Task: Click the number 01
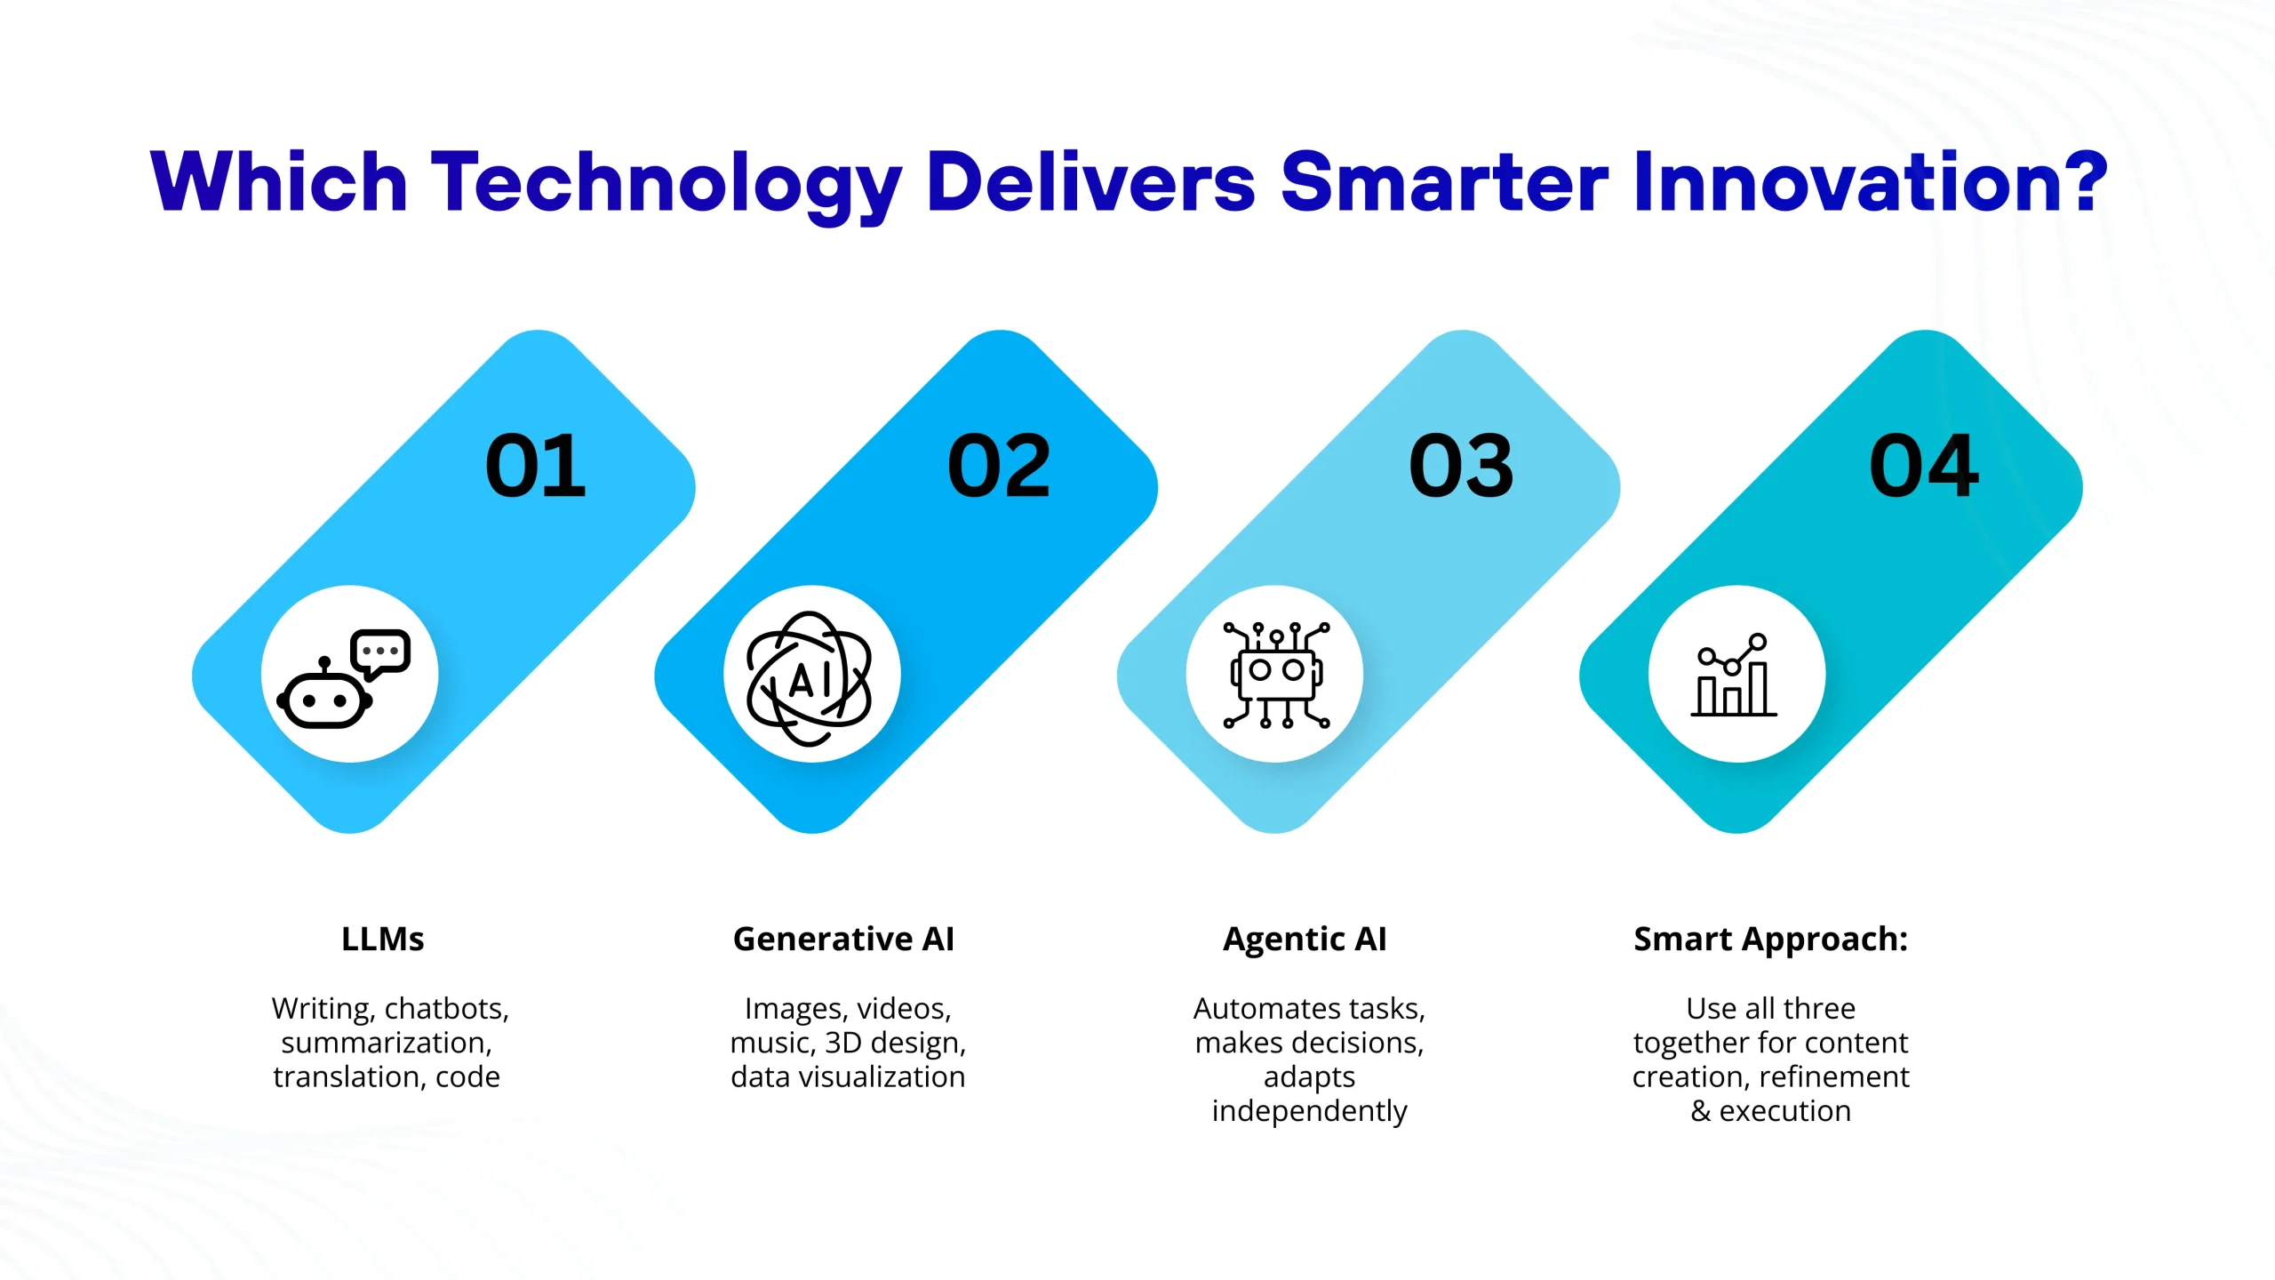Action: [536, 466]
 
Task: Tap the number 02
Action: [999, 466]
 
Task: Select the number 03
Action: [1461, 466]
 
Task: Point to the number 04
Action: [1924, 466]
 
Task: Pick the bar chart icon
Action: [1734, 676]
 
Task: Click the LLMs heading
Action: [383, 939]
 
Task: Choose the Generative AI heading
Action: [843, 939]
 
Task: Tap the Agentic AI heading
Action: [1305, 940]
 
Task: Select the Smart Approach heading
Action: [1771, 940]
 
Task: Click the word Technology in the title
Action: [667, 183]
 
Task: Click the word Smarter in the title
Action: [1444, 182]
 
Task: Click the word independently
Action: [1309, 1111]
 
